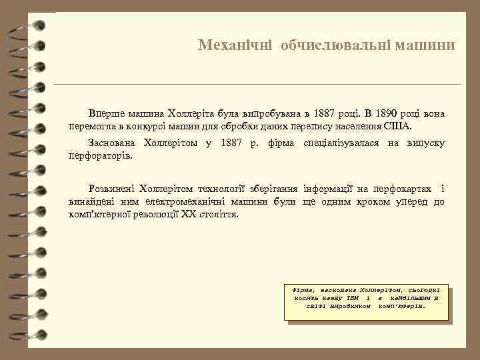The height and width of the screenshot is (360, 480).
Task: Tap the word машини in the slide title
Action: point(425,45)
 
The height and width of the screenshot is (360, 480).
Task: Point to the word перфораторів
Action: point(100,155)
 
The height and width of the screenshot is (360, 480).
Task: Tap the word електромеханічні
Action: point(169,202)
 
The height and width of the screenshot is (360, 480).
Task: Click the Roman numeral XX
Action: point(191,215)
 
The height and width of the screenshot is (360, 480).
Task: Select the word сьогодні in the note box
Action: point(426,291)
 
